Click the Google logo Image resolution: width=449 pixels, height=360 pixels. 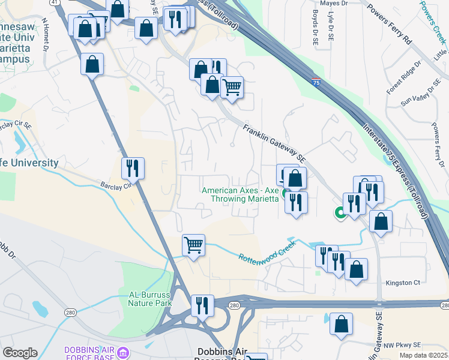(x=20, y=353)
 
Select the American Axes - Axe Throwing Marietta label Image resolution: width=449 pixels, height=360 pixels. (x=240, y=194)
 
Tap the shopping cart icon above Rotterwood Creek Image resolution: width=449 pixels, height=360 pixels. (x=193, y=245)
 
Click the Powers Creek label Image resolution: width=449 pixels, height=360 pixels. (x=433, y=21)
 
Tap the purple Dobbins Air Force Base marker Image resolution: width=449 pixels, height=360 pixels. (x=124, y=351)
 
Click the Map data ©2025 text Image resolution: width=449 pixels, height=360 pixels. (x=423, y=355)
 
